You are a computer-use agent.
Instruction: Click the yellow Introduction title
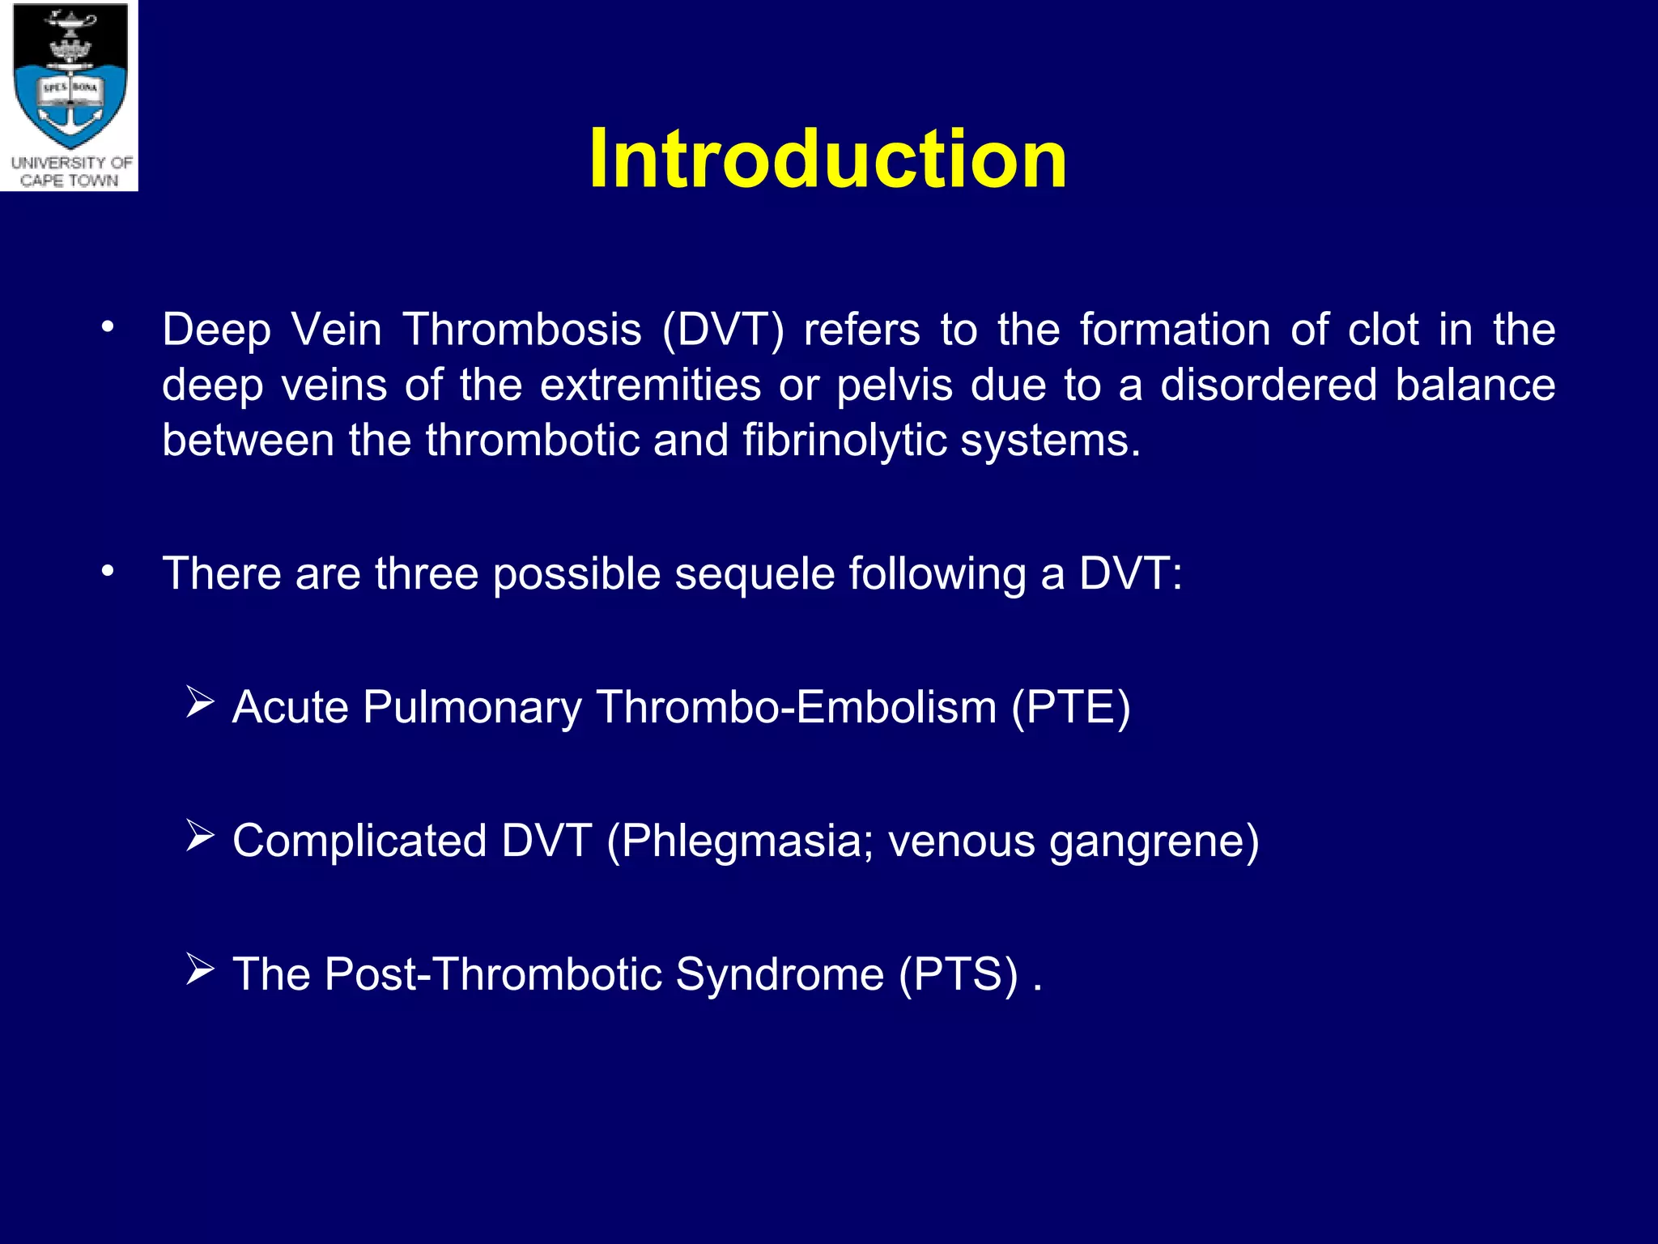pyautogui.click(x=827, y=159)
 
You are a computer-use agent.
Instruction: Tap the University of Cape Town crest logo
pyautogui.click(x=70, y=81)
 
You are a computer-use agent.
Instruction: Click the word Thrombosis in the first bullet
pyautogui.click(x=522, y=330)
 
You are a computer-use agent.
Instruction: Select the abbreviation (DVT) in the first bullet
pyautogui.click(x=723, y=330)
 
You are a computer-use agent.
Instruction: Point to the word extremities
pyautogui.click(x=650, y=385)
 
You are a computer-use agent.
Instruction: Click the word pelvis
pyautogui.click(x=895, y=386)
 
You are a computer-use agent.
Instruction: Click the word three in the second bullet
pyautogui.click(x=426, y=573)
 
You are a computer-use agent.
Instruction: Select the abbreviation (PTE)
pyautogui.click(x=1070, y=707)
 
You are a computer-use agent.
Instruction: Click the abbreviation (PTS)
pyautogui.click(x=959, y=974)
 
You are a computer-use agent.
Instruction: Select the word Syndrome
pyautogui.click(x=780, y=975)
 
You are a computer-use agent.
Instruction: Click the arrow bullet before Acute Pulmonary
pyautogui.click(x=199, y=701)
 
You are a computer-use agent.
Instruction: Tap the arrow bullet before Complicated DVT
pyautogui.click(x=199, y=835)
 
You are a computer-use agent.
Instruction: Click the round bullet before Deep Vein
pyautogui.click(x=107, y=327)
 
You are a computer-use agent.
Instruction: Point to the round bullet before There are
pyautogui.click(x=107, y=571)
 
